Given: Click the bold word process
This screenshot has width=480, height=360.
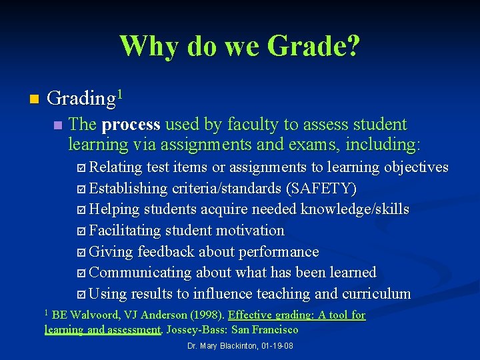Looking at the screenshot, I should [x=131, y=125].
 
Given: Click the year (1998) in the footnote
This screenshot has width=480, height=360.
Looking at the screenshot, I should [x=205, y=315].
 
